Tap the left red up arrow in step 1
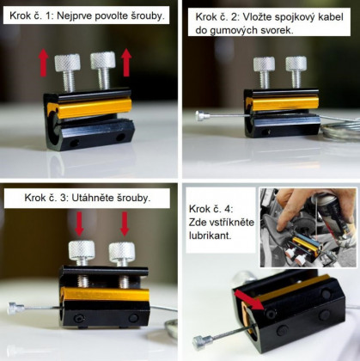43,63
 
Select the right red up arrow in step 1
126,63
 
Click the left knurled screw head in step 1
67,63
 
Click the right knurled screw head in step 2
296,64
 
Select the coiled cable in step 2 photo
340,128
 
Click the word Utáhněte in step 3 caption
92,198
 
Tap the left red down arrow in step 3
79,223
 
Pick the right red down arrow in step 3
125,223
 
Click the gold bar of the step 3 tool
105,294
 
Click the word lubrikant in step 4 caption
210,236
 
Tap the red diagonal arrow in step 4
249,299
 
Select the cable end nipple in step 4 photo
203,342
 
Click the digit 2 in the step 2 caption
235,17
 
